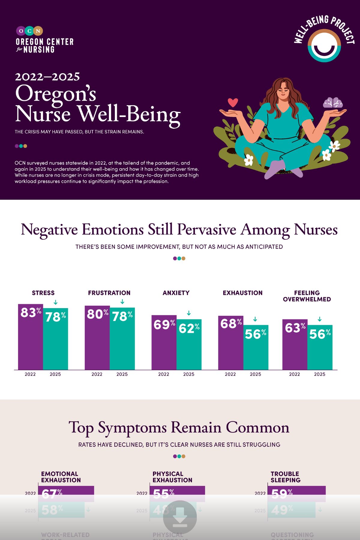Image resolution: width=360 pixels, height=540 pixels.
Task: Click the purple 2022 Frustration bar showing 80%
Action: click(97, 337)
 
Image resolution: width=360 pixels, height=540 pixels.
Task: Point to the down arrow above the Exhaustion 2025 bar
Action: click(255, 319)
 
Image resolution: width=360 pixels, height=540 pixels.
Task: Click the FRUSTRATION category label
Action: click(109, 293)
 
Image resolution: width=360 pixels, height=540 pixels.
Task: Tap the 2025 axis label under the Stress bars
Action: click(55, 374)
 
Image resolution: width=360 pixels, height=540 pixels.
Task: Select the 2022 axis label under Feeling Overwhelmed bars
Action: click(294, 374)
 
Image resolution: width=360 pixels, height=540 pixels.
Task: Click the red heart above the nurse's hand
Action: click(233, 103)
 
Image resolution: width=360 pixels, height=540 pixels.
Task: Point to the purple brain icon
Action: click(333, 103)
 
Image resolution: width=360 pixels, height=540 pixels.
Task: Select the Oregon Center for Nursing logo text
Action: click(45, 45)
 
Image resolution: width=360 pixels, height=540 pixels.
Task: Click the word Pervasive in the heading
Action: click(206, 230)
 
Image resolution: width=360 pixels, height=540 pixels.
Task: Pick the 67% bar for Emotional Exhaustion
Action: click(66, 493)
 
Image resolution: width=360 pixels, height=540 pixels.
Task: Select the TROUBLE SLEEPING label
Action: click(285, 477)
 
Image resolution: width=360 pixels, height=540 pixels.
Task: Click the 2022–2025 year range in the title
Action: click(47, 77)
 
